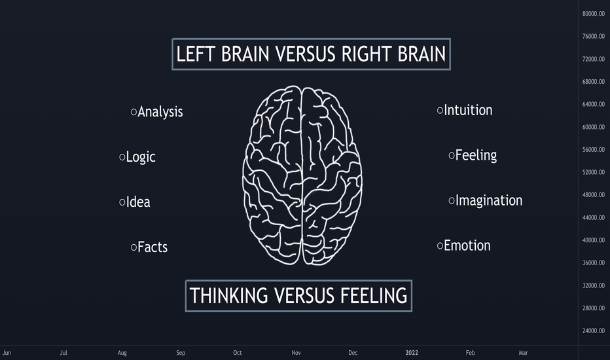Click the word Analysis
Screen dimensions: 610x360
coord(160,112)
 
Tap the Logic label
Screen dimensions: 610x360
coord(141,157)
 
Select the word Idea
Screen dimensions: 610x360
coord(138,202)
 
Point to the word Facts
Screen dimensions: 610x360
coord(152,247)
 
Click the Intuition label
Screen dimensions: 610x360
coord(468,110)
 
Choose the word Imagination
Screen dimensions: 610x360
coord(489,201)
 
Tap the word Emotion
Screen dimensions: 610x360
coord(467,245)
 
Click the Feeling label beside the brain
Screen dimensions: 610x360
coord(476,156)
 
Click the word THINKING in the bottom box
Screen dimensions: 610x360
coord(229,295)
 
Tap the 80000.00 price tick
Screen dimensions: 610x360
coord(593,14)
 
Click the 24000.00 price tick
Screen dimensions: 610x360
coord(593,331)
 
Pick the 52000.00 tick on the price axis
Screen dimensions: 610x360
coord(593,172)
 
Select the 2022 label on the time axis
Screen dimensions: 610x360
coord(412,353)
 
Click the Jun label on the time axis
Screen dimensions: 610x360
coord(7,353)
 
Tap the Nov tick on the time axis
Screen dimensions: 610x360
coord(296,353)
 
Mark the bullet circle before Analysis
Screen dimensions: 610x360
coord(134,112)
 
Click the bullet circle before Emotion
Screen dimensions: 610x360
coord(440,245)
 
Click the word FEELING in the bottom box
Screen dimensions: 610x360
coord(374,295)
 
